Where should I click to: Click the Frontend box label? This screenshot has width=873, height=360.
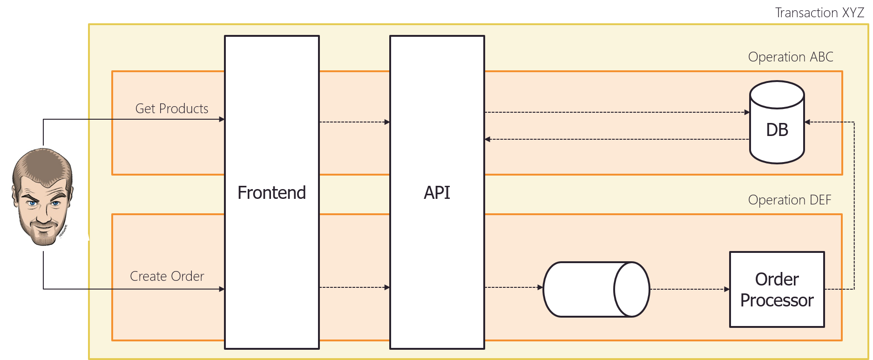coord(271,193)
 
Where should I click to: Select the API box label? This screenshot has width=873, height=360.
coord(437,193)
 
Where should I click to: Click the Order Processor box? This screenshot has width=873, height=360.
coord(777,290)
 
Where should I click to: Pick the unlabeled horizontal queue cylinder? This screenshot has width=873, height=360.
coord(596,289)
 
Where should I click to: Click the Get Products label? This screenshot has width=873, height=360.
coord(172,109)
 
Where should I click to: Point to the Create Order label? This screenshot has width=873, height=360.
coord(167,276)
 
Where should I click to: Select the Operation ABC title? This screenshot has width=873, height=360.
coord(790,57)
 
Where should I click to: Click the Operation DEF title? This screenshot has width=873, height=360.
coord(789,200)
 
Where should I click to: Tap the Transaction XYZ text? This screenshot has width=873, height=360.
coord(819,13)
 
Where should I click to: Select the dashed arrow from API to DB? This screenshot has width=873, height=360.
coord(615,112)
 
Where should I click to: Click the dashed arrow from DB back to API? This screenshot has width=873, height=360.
coord(615,139)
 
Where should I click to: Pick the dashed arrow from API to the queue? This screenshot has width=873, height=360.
coord(512,287)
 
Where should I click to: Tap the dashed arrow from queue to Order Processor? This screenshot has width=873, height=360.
coord(689,289)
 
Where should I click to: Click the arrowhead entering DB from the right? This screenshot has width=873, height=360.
coord(808,122)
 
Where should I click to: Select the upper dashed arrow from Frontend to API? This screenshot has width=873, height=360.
coord(354,122)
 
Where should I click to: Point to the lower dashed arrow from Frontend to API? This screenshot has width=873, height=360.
coord(354,287)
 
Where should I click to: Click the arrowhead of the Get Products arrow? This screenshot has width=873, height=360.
coord(222,119)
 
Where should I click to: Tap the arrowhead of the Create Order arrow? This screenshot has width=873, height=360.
coord(222,289)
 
